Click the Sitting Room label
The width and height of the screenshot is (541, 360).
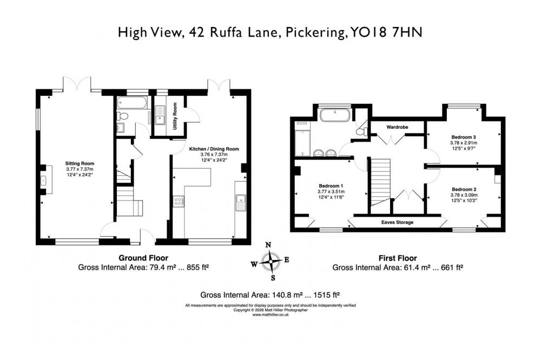(x=80, y=163)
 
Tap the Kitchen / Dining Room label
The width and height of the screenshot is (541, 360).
(x=214, y=149)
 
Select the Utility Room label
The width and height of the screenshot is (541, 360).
(x=175, y=116)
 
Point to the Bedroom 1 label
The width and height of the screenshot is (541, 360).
(x=331, y=186)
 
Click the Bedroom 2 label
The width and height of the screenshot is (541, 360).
(x=464, y=189)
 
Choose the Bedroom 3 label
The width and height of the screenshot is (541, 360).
(x=464, y=137)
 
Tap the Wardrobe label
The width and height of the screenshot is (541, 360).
(x=397, y=127)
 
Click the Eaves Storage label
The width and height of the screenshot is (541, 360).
(x=397, y=222)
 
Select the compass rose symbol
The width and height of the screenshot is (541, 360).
(x=271, y=261)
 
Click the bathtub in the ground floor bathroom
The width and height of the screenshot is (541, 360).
(x=132, y=102)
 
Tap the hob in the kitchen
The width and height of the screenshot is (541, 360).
(x=179, y=202)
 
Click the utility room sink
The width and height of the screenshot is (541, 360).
(x=160, y=115)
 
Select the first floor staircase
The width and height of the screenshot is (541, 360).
(x=380, y=182)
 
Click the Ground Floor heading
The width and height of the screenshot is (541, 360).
(x=143, y=258)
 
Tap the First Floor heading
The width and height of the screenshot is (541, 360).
(x=398, y=258)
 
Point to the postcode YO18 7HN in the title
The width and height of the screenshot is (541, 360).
(x=386, y=32)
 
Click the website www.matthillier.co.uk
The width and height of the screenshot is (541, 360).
(x=270, y=315)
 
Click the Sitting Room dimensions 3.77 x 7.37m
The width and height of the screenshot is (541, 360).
(x=80, y=169)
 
